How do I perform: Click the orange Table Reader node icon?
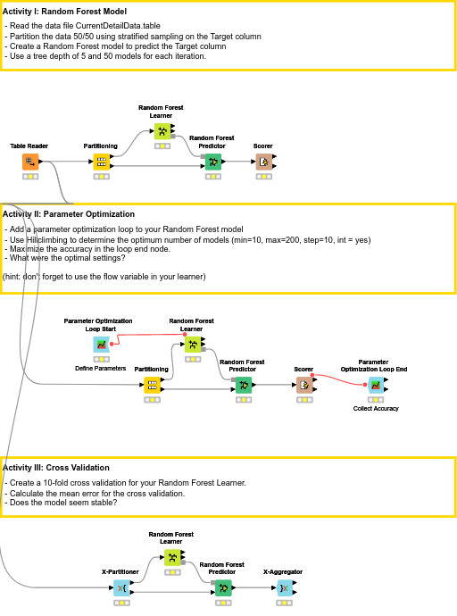pyautogui.click(x=30, y=162)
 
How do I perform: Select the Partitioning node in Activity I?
pyautogui.click(x=101, y=162)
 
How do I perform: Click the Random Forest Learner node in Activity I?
pyautogui.click(x=162, y=130)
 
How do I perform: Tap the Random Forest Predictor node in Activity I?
pyautogui.click(x=212, y=162)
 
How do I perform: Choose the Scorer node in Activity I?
pyautogui.click(x=263, y=162)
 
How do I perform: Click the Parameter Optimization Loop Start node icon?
pyautogui.click(x=101, y=344)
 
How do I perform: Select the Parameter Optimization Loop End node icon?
pyautogui.click(x=375, y=385)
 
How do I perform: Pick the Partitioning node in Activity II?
pyautogui.click(x=152, y=385)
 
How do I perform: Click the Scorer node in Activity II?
pyautogui.click(x=303, y=385)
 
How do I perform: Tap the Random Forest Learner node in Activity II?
pyautogui.click(x=191, y=344)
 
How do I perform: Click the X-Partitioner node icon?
pyautogui.click(x=120, y=587)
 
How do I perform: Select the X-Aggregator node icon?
pyautogui.click(x=283, y=587)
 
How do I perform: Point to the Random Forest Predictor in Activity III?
pyautogui.click(x=222, y=587)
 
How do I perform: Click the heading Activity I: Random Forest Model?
pyautogui.click(x=64, y=10)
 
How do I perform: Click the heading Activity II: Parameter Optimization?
pyautogui.click(x=69, y=214)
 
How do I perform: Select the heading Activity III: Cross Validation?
pyautogui.click(x=56, y=467)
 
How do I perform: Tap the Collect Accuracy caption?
pyautogui.click(x=375, y=408)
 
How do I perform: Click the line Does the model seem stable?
pyautogui.click(x=61, y=502)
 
